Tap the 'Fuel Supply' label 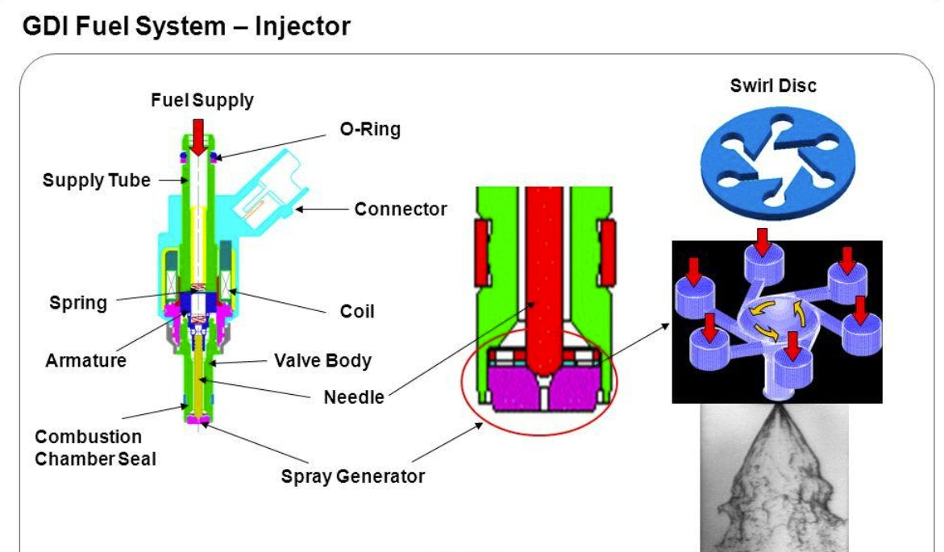click(x=202, y=101)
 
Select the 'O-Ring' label click(x=369, y=129)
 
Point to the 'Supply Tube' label click(x=96, y=180)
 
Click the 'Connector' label click(x=400, y=210)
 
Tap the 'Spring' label click(x=77, y=303)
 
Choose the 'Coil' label click(x=356, y=311)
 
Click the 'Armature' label click(x=85, y=359)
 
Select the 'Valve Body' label click(x=322, y=359)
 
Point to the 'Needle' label click(x=353, y=396)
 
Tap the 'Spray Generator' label click(x=352, y=476)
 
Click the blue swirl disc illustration click(x=772, y=162)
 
